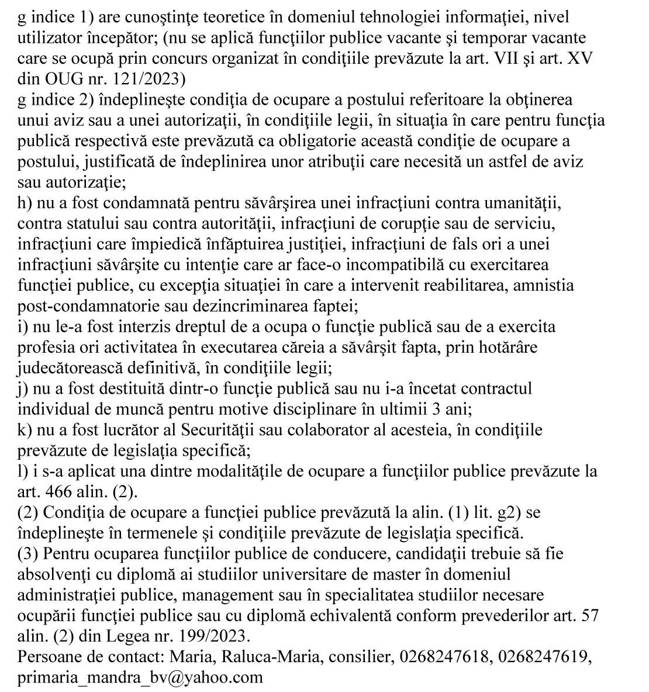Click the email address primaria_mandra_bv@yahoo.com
point(140,677)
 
